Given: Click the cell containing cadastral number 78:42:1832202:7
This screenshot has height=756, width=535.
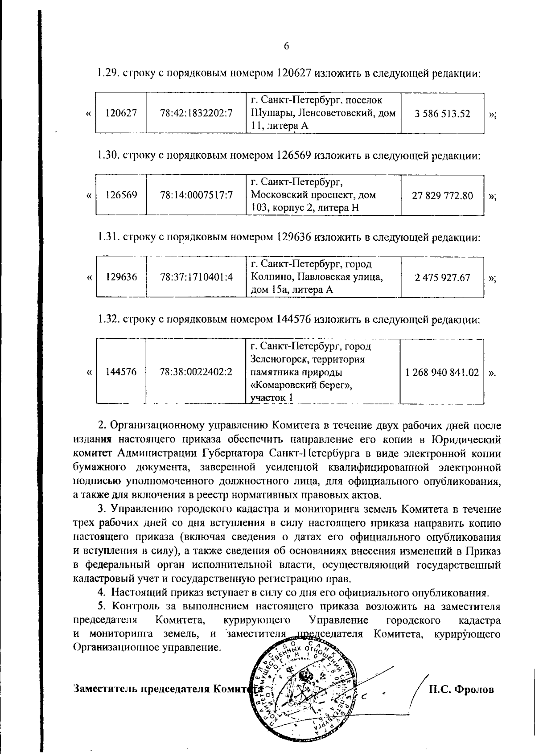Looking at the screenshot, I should [x=196, y=113].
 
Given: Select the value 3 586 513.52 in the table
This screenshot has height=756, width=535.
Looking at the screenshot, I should [x=442, y=113].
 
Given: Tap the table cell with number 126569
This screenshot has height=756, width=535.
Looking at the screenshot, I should [x=121, y=195].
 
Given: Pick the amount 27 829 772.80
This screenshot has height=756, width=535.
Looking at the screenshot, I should [x=442, y=195].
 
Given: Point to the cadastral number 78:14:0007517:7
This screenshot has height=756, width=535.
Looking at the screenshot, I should [x=196, y=195].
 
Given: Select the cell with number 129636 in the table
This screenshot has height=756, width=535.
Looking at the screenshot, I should [x=121, y=277].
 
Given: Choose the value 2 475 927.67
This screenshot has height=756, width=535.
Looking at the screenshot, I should [x=442, y=277].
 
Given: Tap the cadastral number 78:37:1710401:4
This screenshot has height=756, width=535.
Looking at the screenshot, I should [x=196, y=277].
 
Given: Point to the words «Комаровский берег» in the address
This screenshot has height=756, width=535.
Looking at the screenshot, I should [x=301, y=385].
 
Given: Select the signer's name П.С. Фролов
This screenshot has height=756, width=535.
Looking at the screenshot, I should [x=461, y=689].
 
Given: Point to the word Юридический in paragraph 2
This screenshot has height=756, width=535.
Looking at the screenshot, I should [x=467, y=440].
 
